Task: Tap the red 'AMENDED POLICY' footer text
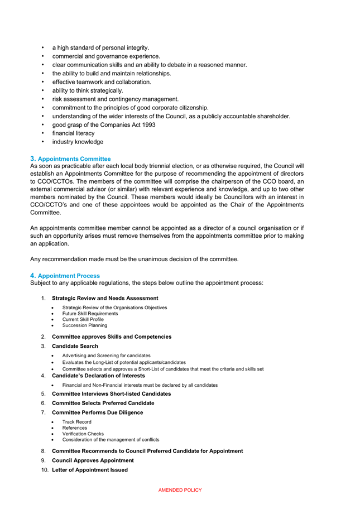(x=180, y=490)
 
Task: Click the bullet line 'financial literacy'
(x=73, y=133)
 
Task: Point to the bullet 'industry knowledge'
(x=78, y=142)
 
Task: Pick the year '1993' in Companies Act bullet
(x=148, y=125)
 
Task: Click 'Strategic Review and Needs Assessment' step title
(x=105, y=298)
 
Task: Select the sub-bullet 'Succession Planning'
(x=85, y=325)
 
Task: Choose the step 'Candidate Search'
(x=75, y=346)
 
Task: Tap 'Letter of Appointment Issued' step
(x=89, y=470)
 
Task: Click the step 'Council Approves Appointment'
(x=93, y=460)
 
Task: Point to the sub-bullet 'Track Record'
(x=77, y=422)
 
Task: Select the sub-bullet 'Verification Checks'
(x=83, y=434)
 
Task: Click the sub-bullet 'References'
(x=75, y=428)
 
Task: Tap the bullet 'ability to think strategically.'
(x=88, y=90)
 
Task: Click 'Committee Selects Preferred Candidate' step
(x=103, y=403)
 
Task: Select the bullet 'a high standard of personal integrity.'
(x=100, y=48)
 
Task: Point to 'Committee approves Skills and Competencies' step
(x=112, y=337)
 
